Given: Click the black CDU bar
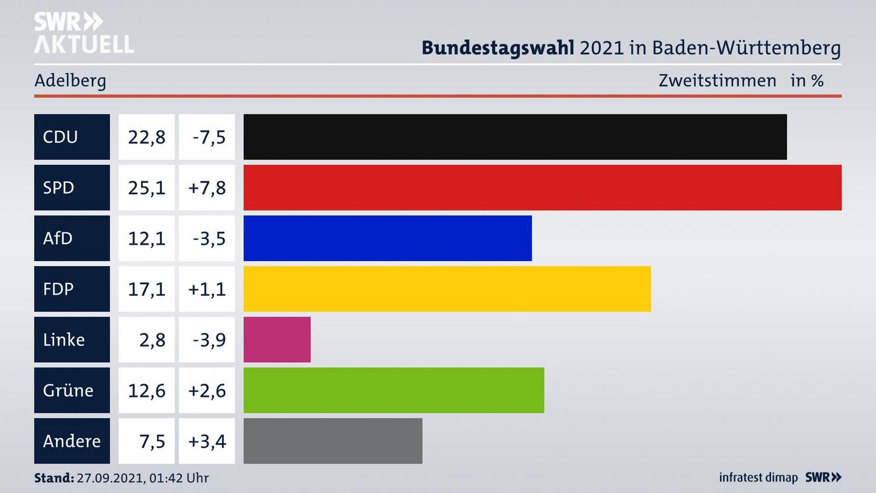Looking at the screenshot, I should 515,137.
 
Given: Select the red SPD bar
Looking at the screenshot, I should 542,187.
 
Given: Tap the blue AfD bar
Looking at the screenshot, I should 388,238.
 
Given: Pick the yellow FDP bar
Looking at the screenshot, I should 447,288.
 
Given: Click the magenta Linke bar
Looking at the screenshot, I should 277,340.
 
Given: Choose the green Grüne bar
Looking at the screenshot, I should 394,390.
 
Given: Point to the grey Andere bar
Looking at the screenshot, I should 333,441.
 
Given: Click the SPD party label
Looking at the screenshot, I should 59,187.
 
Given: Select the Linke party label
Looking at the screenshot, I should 64,340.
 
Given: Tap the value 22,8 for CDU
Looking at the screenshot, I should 147,137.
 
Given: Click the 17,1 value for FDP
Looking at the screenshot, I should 147,288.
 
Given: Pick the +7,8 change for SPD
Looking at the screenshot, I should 207,187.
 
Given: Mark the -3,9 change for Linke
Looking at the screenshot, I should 209,340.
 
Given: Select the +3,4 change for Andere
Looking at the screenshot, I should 207,441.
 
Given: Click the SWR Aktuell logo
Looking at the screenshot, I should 83,33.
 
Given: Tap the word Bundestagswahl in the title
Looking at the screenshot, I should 498,47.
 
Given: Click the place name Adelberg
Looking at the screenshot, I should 70,80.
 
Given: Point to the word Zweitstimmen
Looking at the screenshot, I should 717,80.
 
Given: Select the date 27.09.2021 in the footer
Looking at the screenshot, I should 111,478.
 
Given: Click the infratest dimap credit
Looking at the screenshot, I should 758,478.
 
